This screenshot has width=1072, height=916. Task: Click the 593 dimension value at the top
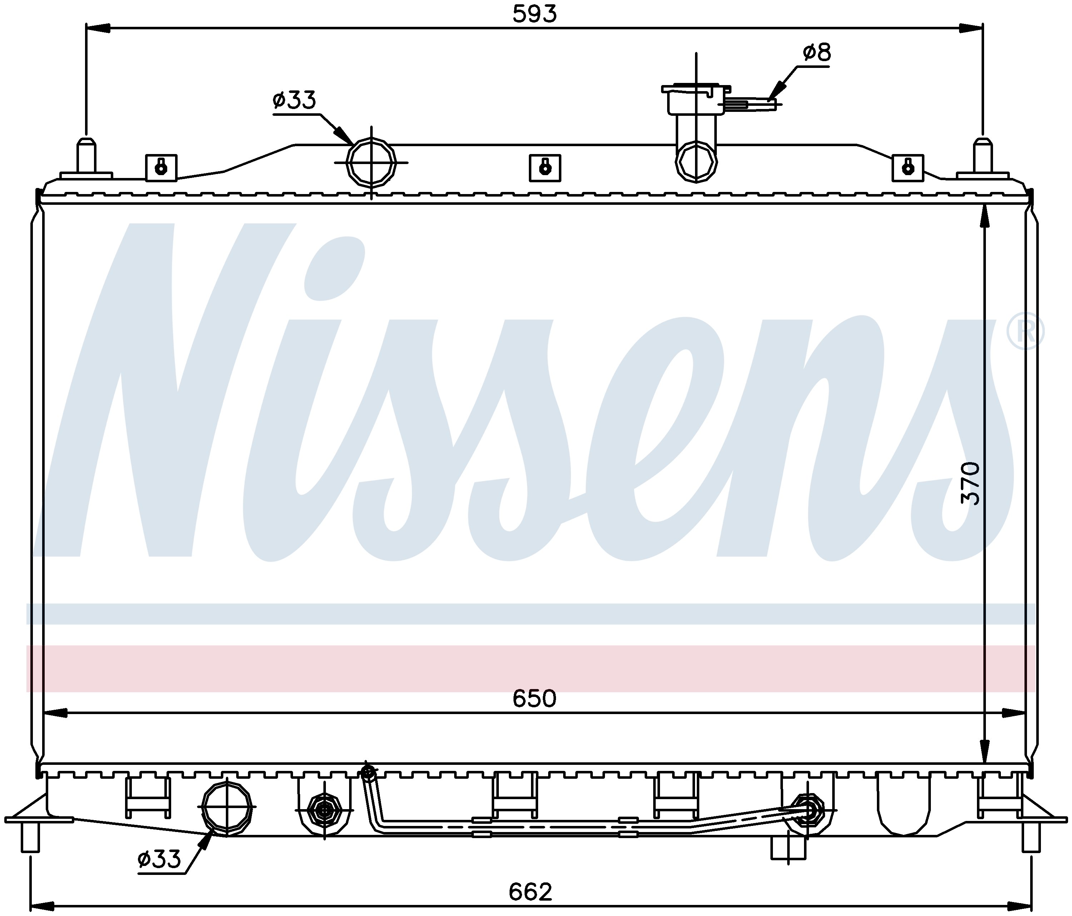click(x=535, y=14)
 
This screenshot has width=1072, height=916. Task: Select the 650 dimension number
click(x=535, y=699)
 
